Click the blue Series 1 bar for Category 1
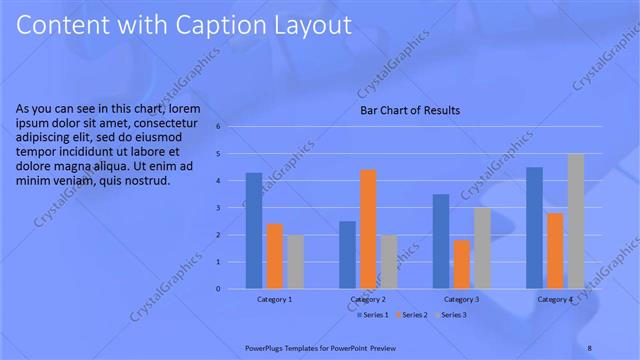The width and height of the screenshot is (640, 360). coord(254,231)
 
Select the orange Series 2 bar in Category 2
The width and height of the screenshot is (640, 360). coord(367,229)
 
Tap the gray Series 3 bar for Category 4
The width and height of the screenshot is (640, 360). coord(575,221)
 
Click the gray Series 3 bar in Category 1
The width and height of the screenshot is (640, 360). coord(295,262)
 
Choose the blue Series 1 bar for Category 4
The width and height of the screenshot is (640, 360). coord(534,228)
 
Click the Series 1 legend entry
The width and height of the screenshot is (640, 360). coord(374,315)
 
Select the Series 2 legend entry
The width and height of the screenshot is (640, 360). coord(412,315)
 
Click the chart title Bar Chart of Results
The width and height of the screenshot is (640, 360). coord(410,111)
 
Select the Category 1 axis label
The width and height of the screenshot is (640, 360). coord(275,299)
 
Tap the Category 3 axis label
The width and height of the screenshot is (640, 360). coord(461,299)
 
